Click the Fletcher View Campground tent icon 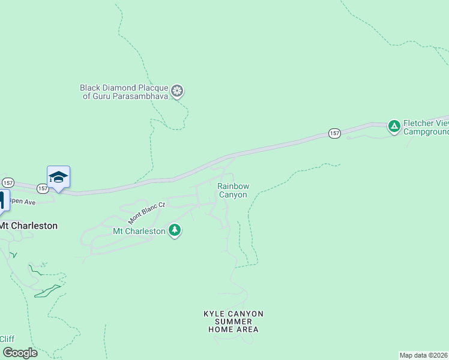[394, 126]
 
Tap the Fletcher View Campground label [426, 127]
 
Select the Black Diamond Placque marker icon [177, 91]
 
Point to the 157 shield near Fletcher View [334, 133]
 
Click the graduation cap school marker [58, 177]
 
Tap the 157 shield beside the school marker [43, 188]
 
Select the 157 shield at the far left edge [8, 182]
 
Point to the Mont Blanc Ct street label [146, 213]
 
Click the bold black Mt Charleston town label [28, 226]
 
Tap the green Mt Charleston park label [139, 231]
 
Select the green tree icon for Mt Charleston [175, 230]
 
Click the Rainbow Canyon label [232, 191]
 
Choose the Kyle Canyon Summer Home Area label [234, 322]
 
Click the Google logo [20, 353]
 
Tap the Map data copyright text [424, 355]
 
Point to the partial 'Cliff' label [7, 339]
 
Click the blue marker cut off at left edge [2, 200]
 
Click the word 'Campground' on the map [426, 131]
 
